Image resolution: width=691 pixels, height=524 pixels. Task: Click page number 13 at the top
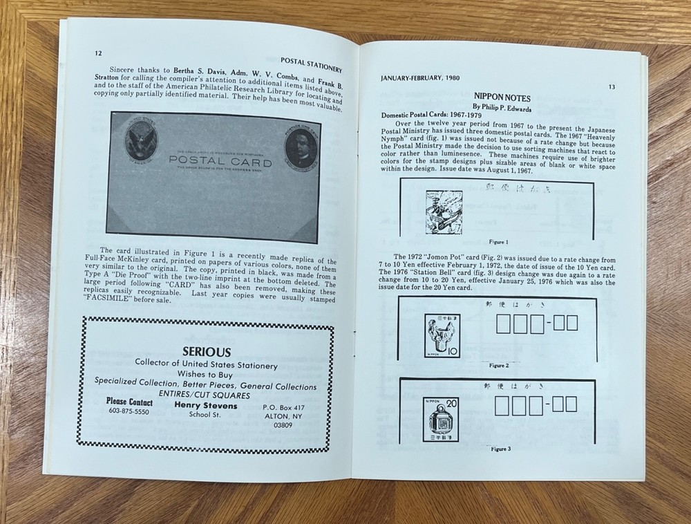click(x=612, y=87)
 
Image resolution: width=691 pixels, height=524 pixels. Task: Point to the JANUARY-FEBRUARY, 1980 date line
click(x=421, y=78)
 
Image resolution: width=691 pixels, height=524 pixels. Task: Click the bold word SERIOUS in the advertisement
click(x=207, y=352)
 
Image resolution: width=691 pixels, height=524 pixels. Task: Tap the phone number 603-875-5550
click(x=129, y=411)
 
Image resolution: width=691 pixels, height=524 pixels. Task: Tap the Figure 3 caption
click(x=500, y=449)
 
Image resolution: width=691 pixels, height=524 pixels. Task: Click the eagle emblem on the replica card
click(x=141, y=141)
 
